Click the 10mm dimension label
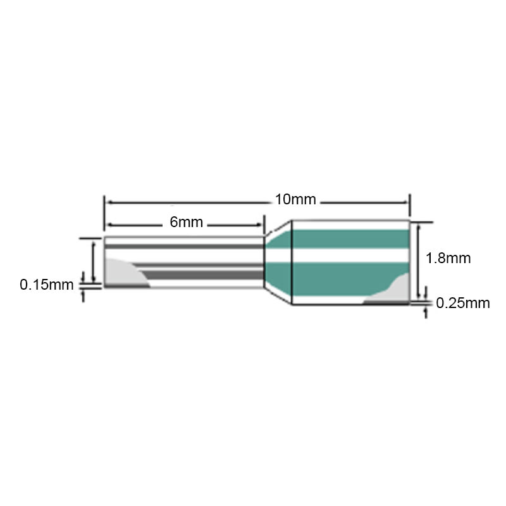point(295,199)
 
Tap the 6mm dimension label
point(186,222)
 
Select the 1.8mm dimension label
point(448,258)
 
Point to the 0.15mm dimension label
point(46,285)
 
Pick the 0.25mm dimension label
point(463,303)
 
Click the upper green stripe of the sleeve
point(351,239)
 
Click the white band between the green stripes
point(351,256)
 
